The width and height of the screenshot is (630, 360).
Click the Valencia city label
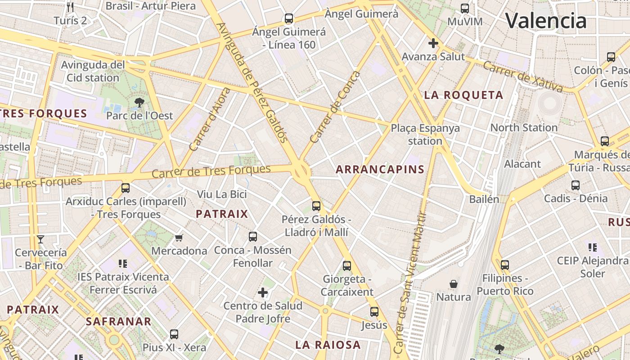(x=546, y=21)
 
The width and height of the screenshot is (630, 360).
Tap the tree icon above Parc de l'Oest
(x=139, y=103)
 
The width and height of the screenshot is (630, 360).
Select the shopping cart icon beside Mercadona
(x=179, y=238)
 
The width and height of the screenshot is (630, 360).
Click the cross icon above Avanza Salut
(x=433, y=43)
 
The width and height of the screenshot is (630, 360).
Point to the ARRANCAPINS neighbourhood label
(x=380, y=169)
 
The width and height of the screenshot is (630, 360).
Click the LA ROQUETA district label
(x=464, y=95)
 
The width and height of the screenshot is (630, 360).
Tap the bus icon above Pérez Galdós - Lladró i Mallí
(x=316, y=206)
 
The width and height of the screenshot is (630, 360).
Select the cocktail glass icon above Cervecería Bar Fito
(x=40, y=239)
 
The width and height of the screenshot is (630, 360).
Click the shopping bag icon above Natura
(x=454, y=284)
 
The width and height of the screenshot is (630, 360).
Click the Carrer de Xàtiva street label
(x=522, y=76)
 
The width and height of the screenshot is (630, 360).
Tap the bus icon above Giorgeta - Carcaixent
(x=346, y=265)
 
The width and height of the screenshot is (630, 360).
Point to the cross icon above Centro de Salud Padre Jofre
(x=263, y=293)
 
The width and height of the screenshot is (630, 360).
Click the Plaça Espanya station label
(x=425, y=134)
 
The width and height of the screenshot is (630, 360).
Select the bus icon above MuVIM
(x=465, y=8)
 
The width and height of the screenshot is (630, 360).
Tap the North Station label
(x=524, y=127)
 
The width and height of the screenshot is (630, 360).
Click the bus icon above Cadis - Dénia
(x=575, y=185)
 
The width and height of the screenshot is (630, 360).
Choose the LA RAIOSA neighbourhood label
(x=328, y=345)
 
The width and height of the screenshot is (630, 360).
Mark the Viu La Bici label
(x=222, y=194)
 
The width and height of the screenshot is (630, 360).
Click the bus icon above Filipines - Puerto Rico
(x=505, y=265)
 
